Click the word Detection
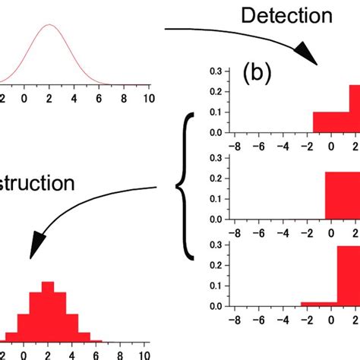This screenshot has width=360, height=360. tap(286, 15)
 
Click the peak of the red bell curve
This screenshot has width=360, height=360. tap(49, 25)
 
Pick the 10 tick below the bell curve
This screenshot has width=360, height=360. tap(149, 98)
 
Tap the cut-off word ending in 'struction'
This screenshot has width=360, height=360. tap(37, 183)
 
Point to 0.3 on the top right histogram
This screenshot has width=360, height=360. tap(216, 71)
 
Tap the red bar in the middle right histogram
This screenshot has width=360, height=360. tap(342, 196)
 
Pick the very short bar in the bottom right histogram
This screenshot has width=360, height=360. tap(319, 304)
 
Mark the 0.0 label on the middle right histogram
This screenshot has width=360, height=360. tap(216, 219)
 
